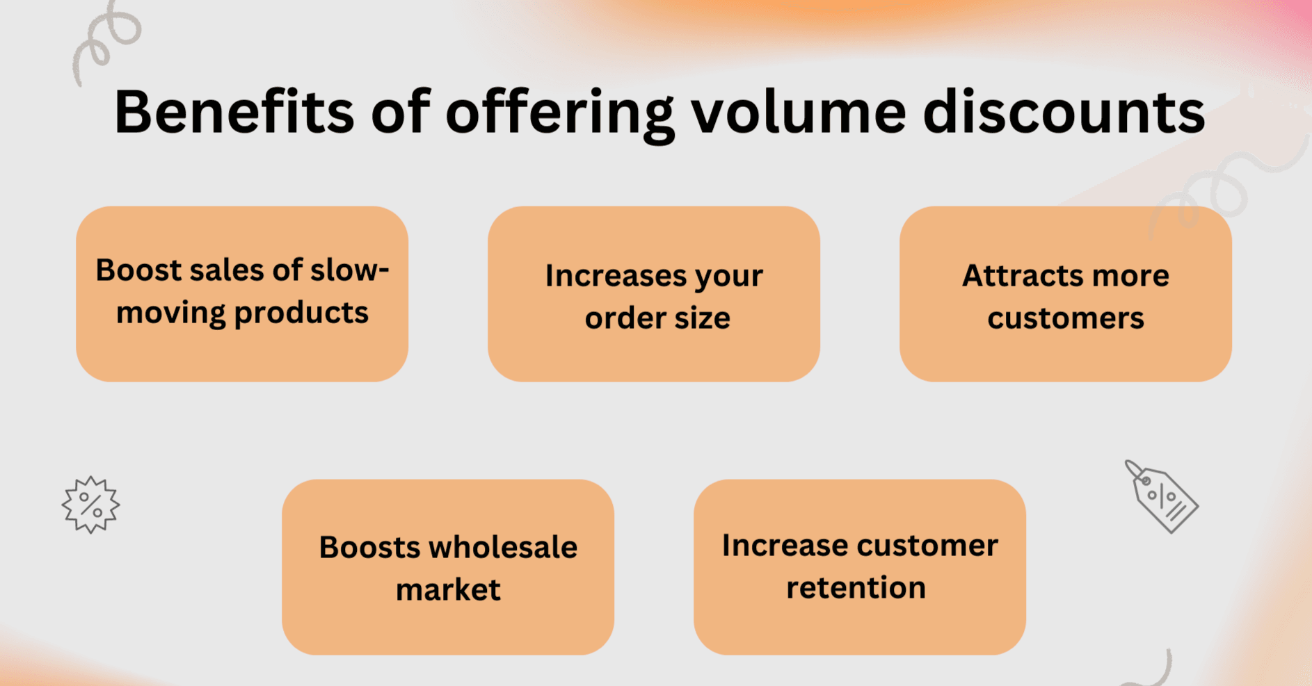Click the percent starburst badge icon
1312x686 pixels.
(90, 505)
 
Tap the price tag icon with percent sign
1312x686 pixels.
(1162, 497)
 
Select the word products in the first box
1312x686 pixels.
(301, 313)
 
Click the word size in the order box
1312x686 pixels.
(701, 318)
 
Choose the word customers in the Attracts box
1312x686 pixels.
(1065, 318)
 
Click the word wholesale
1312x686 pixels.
(502, 547)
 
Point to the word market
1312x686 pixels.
(448, 590)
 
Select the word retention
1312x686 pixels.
(856, 588)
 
